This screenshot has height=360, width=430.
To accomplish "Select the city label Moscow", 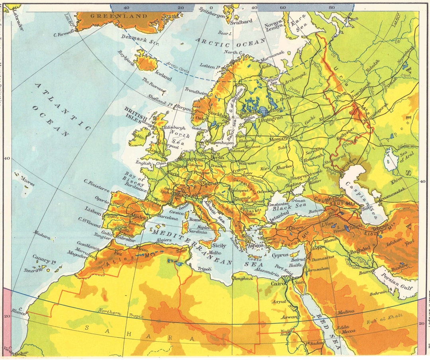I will coord(279,139).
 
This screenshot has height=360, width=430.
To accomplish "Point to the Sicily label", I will coord(219,246).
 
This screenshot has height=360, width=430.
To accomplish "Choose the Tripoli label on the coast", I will coord(205,269).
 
